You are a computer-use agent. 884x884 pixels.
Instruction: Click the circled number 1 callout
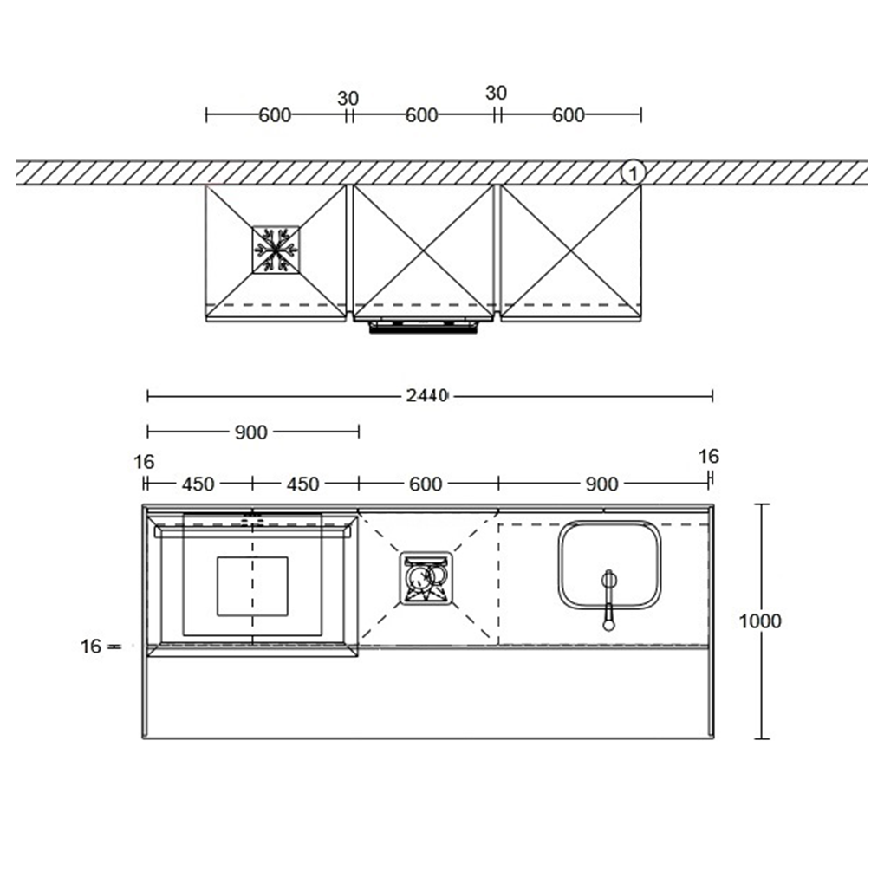(633, 173)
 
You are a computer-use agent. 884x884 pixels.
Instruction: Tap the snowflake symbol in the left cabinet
(276, 250)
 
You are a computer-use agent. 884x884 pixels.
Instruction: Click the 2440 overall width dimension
(426, 396)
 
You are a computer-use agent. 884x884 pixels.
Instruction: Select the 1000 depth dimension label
(760, 621)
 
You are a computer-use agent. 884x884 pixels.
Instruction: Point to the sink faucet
(609, 600)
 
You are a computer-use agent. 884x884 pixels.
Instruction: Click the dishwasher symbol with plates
(426, 578)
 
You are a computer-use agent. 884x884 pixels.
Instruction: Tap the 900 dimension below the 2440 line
(250, 432)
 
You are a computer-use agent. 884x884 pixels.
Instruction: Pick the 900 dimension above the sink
(601, 484)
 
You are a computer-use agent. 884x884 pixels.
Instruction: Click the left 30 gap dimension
(348, 99)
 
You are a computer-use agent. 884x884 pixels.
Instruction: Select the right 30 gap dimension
(496, 93)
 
